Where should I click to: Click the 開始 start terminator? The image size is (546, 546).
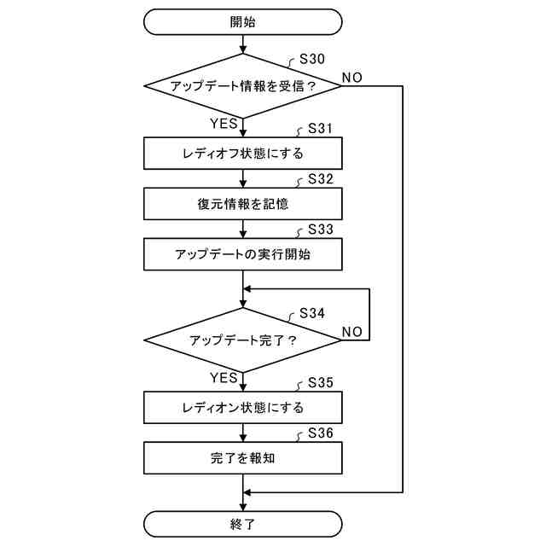coord(243,22)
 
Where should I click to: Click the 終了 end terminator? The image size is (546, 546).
coord(243,524)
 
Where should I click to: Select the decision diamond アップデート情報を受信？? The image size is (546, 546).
coord(243,86)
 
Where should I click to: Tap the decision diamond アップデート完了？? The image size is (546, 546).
coord(243,340)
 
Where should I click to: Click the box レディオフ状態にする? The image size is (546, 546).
coord(243,154)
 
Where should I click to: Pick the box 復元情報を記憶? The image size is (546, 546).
coord(243,204)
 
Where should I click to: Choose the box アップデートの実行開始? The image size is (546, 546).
coord(243,254)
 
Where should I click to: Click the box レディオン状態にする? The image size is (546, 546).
coord(243,407)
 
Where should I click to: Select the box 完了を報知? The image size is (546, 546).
coord(243,457)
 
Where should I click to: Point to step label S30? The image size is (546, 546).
coord(313,61)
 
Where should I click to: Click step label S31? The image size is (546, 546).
coord(320,129)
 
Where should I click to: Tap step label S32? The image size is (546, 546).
coord(320,179)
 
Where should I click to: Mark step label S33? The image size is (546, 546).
coord(320,230)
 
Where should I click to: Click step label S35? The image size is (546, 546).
coord(320,382)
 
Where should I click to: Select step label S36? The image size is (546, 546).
coord(320,433)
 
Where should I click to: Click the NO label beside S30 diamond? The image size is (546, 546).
coord(351,78)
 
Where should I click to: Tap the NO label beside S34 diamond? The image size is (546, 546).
coord(351,331)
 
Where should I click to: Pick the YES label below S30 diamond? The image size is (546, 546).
coord(224,124)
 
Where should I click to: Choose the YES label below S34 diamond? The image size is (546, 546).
coord(224,377)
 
